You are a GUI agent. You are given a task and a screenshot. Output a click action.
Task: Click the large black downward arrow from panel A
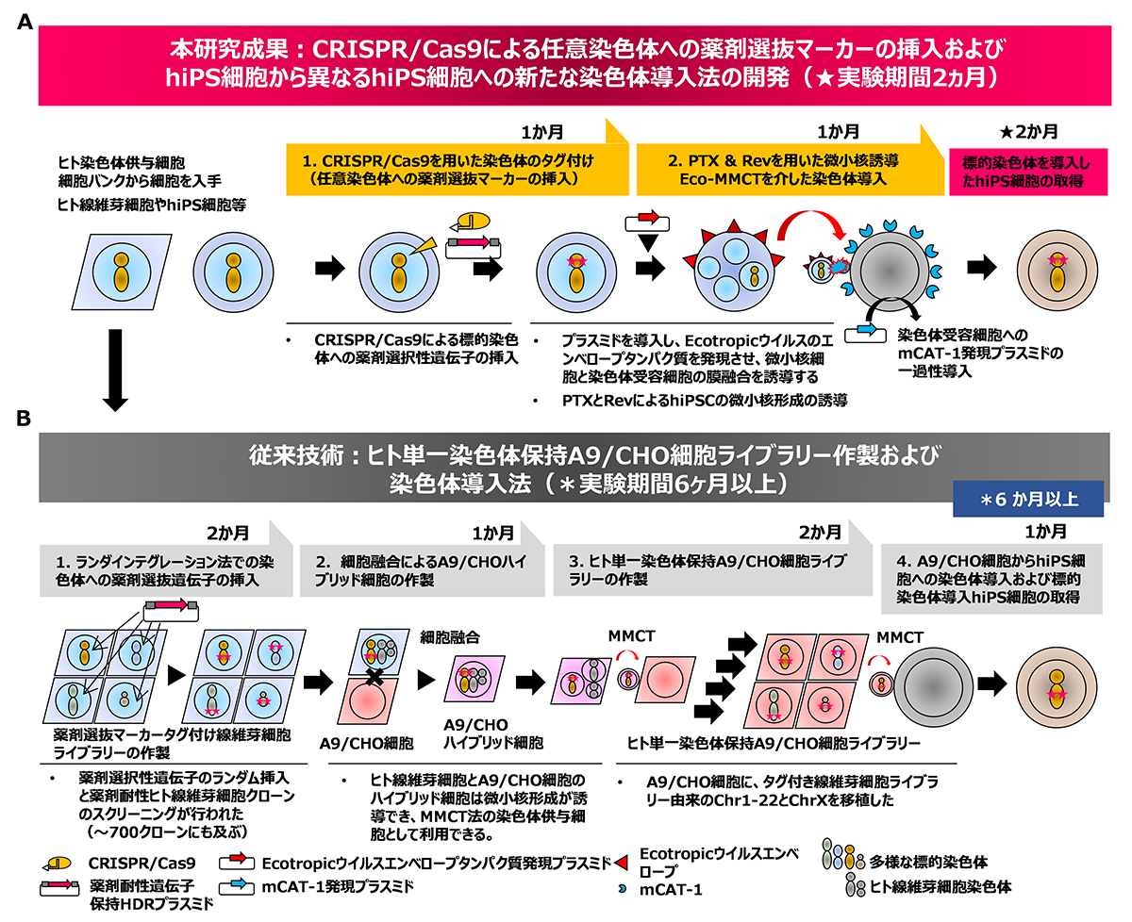(x=115, y=367)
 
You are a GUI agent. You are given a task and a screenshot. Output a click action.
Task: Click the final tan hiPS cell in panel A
(x=1062, y=268)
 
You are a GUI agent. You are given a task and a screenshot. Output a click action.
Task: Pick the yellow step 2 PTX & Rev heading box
(x=781, y=170)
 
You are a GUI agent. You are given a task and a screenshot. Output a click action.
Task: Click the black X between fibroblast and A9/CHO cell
(x=375, y=675)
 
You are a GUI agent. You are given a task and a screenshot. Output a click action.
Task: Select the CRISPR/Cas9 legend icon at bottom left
(x=57, y=862)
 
